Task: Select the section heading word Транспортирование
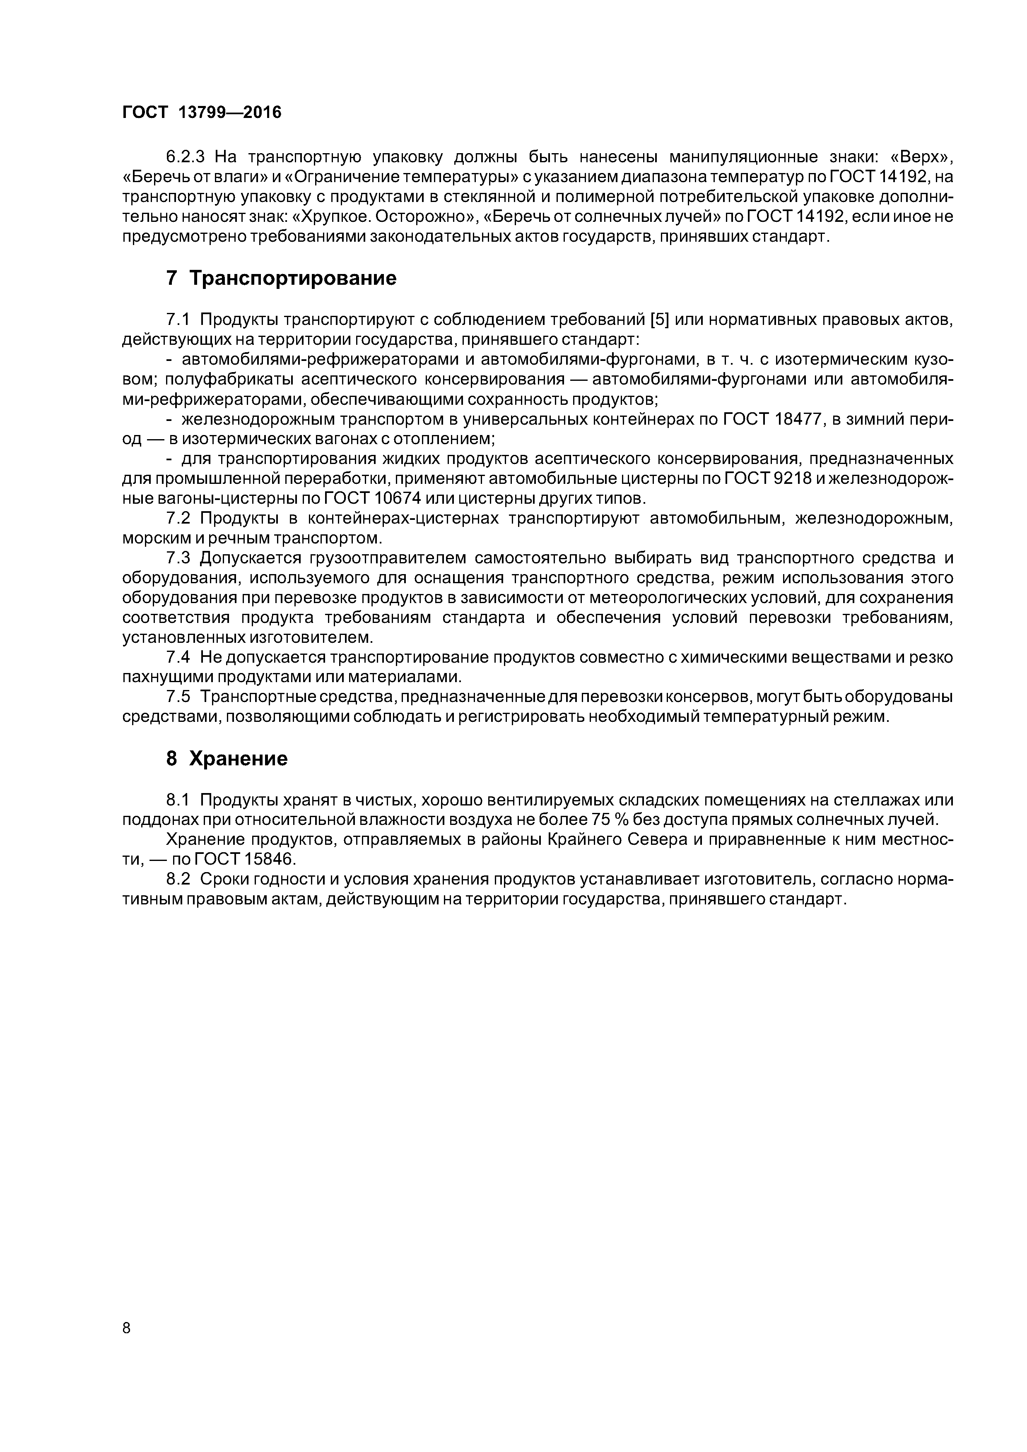(x=293, y=278)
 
